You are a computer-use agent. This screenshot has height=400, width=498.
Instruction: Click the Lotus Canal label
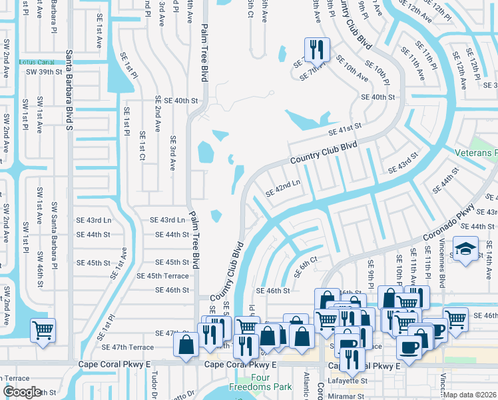37,62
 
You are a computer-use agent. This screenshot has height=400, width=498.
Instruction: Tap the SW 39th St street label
45,72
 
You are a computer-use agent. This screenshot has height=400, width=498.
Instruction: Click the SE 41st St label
344,127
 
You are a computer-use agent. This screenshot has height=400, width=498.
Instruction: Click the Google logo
22,392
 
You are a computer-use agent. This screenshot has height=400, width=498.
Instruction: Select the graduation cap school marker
465,251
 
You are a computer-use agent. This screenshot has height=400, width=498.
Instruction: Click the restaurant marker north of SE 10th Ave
315,50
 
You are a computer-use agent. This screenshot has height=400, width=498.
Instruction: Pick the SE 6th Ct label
310,265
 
